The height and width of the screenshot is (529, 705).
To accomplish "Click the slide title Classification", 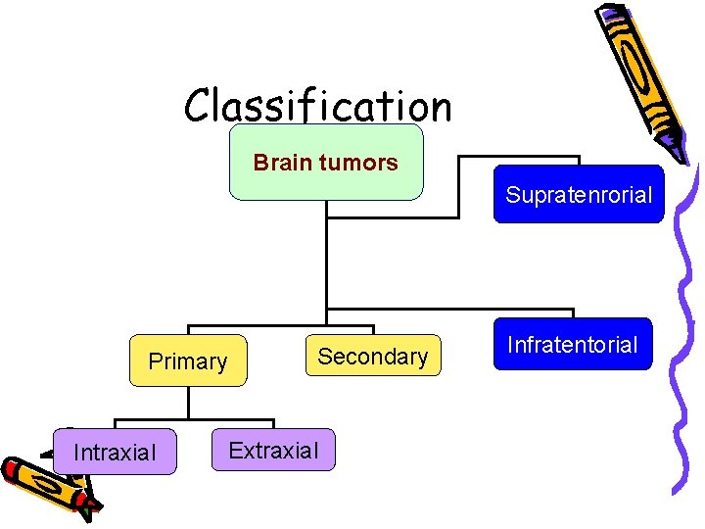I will click(x=318, y=105).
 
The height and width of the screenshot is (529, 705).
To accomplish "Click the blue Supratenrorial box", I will click(x=578, y=195).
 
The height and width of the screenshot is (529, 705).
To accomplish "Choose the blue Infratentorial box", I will click(x=572, y=345).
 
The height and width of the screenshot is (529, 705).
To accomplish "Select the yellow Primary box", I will click(x=188, y=361).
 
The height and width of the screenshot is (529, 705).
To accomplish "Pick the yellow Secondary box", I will click(x=372, y=357).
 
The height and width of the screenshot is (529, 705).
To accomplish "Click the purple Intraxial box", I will click(x=116, y=452).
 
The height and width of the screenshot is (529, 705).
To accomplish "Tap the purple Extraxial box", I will click(x=273, y=451).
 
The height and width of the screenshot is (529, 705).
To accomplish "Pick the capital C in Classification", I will click(x=200, y=105).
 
